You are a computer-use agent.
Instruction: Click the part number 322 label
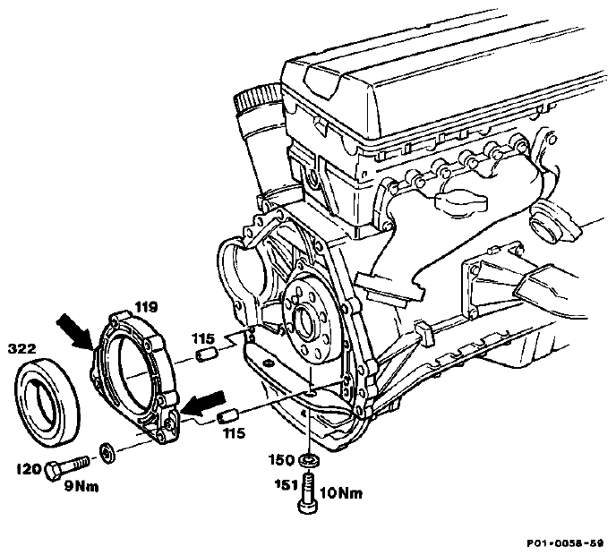(x=21, y=349)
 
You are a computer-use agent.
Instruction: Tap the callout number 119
(x=147, y=307)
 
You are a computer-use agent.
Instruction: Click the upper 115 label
(x=203, y=338)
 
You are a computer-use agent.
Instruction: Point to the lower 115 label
(x=234, y=433)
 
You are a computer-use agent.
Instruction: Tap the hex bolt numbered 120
(x=66, y=467)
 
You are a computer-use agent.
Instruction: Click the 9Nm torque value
(x=81, y=487)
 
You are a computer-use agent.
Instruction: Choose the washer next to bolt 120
(x=107, y=453)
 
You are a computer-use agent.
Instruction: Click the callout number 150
(x=281, y=459)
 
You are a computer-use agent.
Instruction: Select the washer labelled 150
(x=309, y=459)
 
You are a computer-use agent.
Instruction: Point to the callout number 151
(x=286, y=484)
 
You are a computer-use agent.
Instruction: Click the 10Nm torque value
(x=341, y=493)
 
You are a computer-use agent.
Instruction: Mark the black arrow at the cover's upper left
(x=74, y=331)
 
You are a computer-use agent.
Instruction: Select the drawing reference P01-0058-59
(x=565, y=543)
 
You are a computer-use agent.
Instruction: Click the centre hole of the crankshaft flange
(x=304, y=319)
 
